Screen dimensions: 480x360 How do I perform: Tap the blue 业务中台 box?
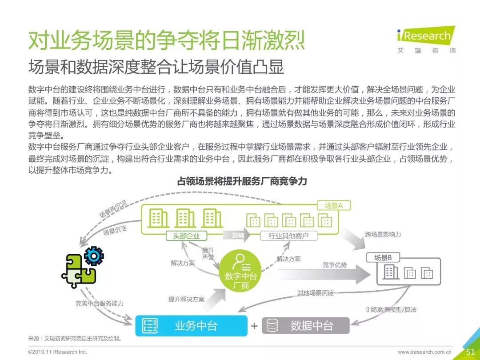(191, 326)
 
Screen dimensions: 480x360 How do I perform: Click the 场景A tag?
(334, 205)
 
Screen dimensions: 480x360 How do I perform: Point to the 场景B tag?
(383, 257)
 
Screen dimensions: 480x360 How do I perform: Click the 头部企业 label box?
(186, 236)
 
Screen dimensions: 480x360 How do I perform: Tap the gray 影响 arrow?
(238, 236)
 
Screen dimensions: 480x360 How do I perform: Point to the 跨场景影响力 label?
(383, 234)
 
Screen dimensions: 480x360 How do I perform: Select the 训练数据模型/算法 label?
(391, 310)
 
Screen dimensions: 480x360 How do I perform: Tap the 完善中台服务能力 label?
(100, 304)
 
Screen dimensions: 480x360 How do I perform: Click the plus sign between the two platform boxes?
(254, 326)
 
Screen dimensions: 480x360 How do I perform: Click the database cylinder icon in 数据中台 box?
(273, 326)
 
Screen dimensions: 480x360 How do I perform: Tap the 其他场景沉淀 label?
(316, 293)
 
